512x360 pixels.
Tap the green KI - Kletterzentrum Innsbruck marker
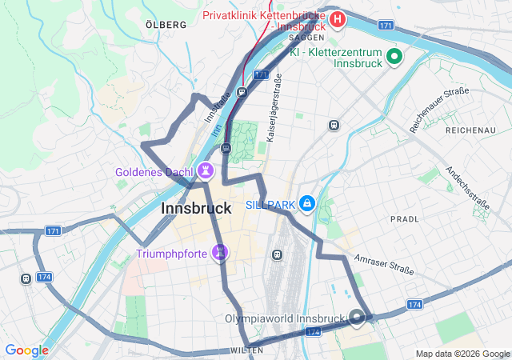[394, 56]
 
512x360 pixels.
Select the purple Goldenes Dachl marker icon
[206, 170]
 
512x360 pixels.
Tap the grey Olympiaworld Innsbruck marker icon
[357, 318]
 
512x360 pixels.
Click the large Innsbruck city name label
[197, 208]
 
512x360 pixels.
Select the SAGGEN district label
[306, 38]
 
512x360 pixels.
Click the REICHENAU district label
[471, 130]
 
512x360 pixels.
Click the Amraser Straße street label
[385, 265]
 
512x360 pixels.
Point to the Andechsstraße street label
[467, 189]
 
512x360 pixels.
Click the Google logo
[26, 350]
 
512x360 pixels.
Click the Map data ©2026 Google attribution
[462, 354]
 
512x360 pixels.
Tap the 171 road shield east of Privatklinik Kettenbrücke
[386, 26]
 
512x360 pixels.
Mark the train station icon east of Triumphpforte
[278, 254]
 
